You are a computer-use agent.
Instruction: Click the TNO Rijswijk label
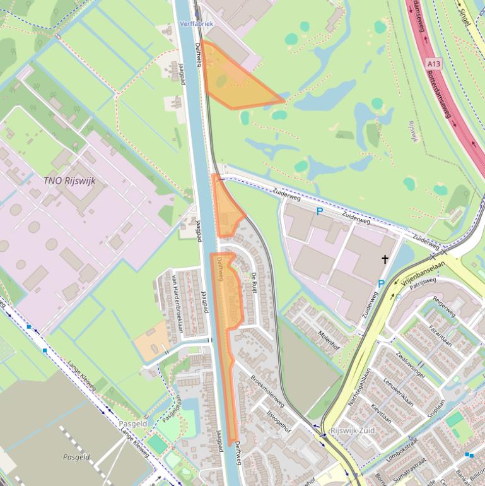pyautogui.click(x=69, y=181)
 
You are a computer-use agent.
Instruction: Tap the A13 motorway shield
pyautogui.click(x=433, y=64)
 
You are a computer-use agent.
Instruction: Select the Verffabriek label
pyautogui.click(x=197, y=23)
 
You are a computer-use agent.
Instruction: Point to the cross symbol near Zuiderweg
pyautogui.click(x=385, y=259)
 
